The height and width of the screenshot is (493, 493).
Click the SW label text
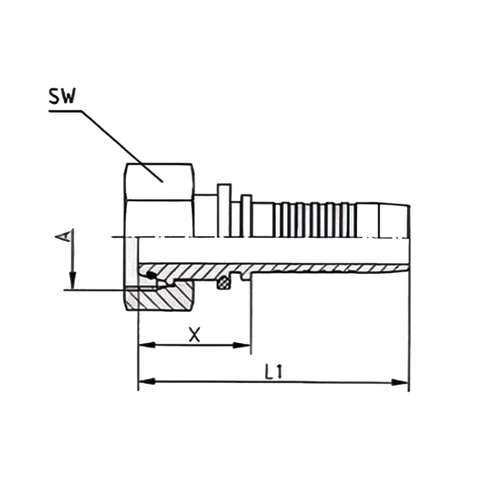pos(62,97)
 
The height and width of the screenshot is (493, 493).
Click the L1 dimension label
pos(274,372)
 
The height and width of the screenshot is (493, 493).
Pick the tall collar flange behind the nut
pos(224,209)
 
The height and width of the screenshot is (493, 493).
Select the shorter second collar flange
pos(246,213)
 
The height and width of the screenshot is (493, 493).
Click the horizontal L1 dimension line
pos(317,382)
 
